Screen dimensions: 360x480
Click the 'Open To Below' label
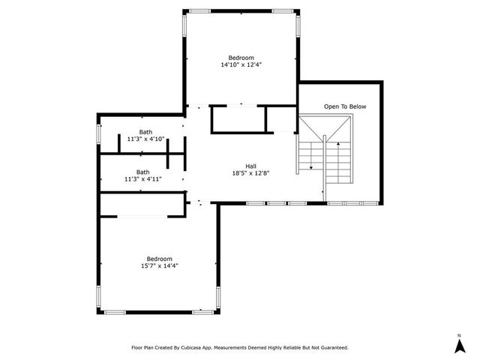[345, 106]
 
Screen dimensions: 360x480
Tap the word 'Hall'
[250, 166]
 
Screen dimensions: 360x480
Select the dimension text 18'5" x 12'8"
[250, 173]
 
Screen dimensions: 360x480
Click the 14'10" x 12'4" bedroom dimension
[241, 65]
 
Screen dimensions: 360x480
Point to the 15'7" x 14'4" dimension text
[159, 265]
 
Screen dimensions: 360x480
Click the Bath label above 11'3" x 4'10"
[145, 132]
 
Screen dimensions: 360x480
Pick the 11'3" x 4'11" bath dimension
[142, 179]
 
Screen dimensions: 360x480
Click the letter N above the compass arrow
[458, 334]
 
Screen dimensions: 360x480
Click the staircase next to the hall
[325, 154]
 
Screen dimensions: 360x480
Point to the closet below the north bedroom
[238, 119]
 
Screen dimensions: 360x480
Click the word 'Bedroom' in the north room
[241, 58]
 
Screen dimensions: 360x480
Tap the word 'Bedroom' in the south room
[159, 258]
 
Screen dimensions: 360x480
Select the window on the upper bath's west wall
[99, 133]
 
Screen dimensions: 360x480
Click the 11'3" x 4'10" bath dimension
[145, 139]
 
